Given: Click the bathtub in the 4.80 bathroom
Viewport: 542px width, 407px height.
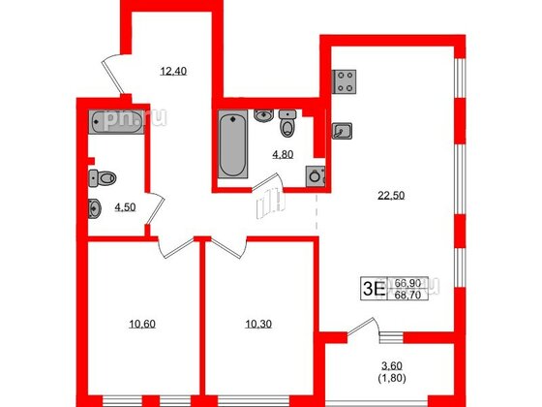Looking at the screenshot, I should pos(230,145).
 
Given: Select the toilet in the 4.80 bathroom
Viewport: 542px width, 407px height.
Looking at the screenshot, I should pos(287,127).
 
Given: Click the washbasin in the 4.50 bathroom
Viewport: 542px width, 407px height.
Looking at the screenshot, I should pos(96,206).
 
